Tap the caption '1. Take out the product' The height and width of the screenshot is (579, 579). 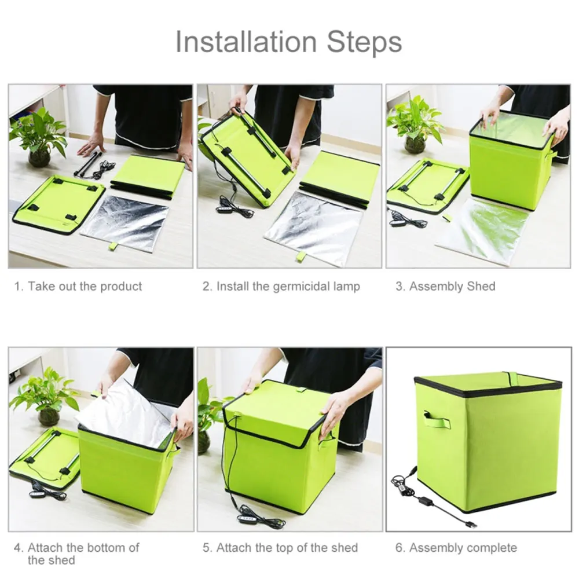pyautogui.click(x=78, y=286)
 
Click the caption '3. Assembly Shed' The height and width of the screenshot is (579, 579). pyautogui.click(x=446, y=286)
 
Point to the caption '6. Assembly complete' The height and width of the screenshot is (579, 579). pyautogui.click(x=456, y=548)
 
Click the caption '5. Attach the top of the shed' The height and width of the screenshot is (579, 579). pyautogui.click(x=280, y=548)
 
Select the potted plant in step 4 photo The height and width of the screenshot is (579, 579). pyautogui.click(x=46, y=397)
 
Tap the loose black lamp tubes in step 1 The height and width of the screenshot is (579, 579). pyautogui.click(x=88, y=163)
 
